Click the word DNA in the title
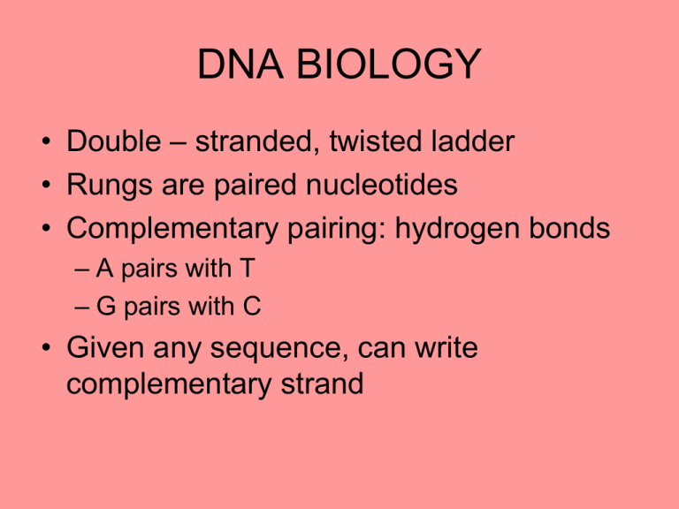coord(240,64)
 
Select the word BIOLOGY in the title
coord(388,64)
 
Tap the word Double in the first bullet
coord(114,141)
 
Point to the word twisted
coord(376,141)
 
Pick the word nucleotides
coord(382,185)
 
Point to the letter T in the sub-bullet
coord(248,269)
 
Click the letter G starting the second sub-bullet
coord(106,306)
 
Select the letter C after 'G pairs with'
coord(252,306)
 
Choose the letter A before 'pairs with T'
coord(105,269)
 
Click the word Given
coord(105,347)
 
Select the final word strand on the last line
coord(322,384)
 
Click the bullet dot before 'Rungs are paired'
coord(46,185)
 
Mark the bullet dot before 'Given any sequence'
coord(46,347)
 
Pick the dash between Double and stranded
coord(178,142)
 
